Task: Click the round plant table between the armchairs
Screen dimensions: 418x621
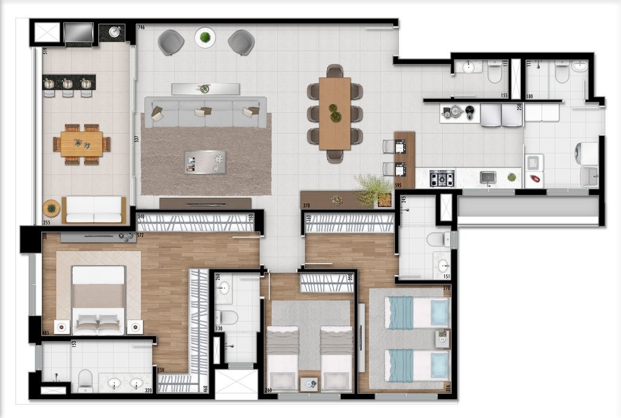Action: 205,38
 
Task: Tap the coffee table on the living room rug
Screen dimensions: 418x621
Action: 205,162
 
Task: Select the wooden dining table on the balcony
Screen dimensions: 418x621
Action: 81,144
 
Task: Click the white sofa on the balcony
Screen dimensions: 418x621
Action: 94,209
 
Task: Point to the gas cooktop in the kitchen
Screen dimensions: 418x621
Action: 441,178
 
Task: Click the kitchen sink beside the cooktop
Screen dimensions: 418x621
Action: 488,177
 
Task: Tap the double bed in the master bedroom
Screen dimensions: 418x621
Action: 98,300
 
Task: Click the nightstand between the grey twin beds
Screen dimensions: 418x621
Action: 309,383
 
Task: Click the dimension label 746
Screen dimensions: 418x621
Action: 141,28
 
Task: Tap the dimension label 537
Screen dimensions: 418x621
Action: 137,139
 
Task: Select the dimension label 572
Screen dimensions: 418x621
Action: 139,235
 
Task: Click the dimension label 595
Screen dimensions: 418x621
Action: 398,186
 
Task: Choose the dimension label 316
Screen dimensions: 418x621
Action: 448,388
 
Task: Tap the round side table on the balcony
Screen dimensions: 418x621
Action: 52,208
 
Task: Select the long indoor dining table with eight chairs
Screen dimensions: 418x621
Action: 335,113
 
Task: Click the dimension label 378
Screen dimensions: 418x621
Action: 307,206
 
